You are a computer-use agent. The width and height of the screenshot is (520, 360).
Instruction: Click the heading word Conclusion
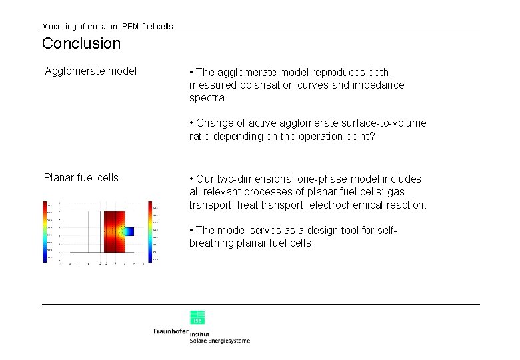point(81,44)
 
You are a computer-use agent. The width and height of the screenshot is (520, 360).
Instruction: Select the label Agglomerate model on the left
point(91,71)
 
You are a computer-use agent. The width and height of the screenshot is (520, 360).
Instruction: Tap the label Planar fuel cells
point(81,177)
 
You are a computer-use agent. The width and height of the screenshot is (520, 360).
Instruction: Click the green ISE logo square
point(197,317)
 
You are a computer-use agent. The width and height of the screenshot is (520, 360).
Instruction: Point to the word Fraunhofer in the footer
point(171,331)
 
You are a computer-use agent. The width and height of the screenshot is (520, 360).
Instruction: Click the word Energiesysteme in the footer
point(229,341)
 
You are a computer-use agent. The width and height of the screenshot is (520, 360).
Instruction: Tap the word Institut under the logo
point(200,333)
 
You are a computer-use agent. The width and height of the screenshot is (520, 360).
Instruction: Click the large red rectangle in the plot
point(114,231)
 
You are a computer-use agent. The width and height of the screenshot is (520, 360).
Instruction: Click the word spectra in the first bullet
point(207,98)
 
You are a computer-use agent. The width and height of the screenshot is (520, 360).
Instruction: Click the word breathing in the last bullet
point(211,243)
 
